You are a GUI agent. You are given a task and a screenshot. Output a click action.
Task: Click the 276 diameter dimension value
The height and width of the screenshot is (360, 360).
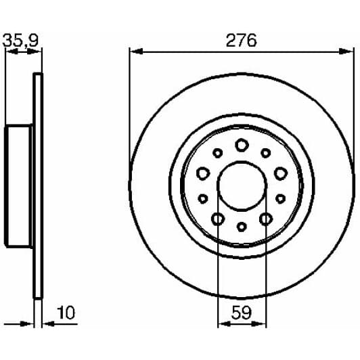pyautogui.click(x=241, y=40)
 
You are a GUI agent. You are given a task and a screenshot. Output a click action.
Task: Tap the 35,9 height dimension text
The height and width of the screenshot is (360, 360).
pyautogui.click(x=21, y=40)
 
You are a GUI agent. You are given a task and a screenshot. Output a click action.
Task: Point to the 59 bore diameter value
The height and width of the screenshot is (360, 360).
pyautogui.click(x=242, y=313)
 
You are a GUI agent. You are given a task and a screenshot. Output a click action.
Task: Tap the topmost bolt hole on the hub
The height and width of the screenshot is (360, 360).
pyautogui.click(x=242, y=144)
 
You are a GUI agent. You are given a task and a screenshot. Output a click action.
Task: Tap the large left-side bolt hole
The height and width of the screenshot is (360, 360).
pyautogui.click(x=202, y=174)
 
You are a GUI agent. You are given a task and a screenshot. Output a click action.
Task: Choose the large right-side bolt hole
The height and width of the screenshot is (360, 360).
pyautogui.click(x=280, y=174)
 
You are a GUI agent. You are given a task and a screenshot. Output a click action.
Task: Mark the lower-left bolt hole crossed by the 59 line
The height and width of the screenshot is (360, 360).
pyautogui.click(x=218, y=219)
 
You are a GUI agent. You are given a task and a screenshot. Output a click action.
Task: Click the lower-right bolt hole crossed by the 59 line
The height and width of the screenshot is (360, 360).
pyautogui.click(x=266, y=219)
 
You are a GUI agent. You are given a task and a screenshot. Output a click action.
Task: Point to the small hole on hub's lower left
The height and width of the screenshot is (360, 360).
pyautogui.click(x=202, y=199)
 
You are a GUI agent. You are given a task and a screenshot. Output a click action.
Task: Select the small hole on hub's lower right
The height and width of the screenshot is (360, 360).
pyautogui.click(x=280, y=199)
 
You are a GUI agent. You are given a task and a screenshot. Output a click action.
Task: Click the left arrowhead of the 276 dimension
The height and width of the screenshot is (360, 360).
pyautogui.click(x=134, y=51)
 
